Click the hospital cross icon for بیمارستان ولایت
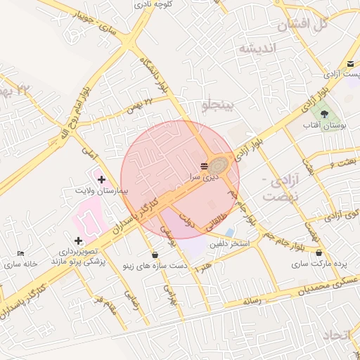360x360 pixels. (x=101, y=179)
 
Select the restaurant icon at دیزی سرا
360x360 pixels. (x=204, y=166)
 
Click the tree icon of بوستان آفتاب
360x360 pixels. (x=324, y=113)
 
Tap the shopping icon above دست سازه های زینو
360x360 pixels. (x=154, y=255)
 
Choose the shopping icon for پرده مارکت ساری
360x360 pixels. (x=320, y=253)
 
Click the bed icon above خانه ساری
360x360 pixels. (x=20, y=253)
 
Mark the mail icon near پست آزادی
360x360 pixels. (x=350, y=64)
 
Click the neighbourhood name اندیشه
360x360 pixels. (x=259, y=49)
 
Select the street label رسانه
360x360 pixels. (x=251, y=301)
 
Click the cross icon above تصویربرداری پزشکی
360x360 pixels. (x=77, y=240)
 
